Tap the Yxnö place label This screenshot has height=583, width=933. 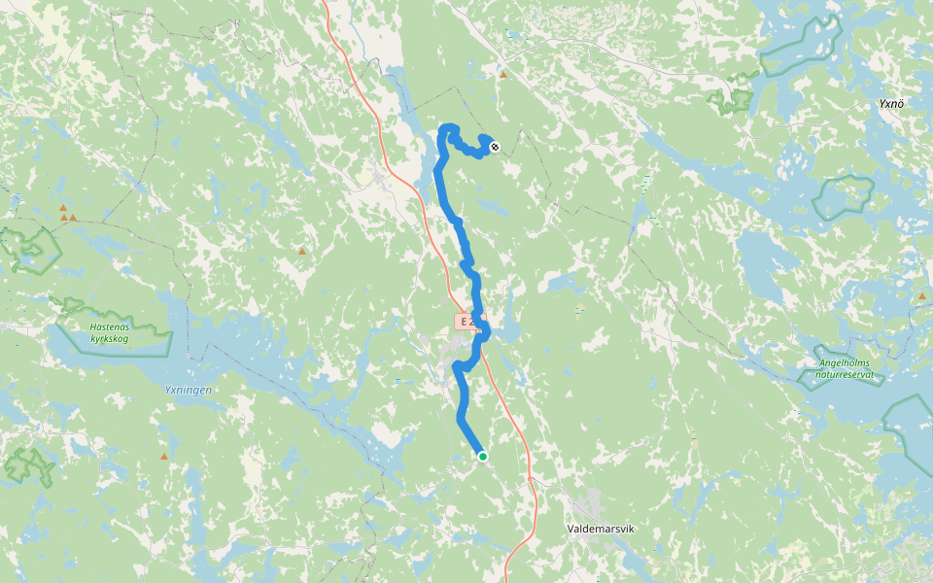pyautogui.click(x=891, y=103)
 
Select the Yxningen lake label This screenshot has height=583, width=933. pyautogui.click(x=188, y=390)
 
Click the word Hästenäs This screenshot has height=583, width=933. pyautogui.click(x=109, y=326)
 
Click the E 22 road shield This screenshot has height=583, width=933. pyautogui.click(x=466, y=321)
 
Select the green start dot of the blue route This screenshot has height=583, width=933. pyautogui.click(x=482, y=456)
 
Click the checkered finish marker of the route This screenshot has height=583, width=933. pyautogui.click(x=495, y=147)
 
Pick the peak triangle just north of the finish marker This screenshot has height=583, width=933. pyautogui.click(x=502, y=74)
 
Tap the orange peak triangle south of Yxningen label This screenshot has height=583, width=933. pyautogui.click(x=163, y=456)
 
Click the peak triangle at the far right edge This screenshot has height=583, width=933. pyautogui.click(x=921, y=295)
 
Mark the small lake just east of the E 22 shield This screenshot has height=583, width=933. pyautogui.click(x=507, y=330)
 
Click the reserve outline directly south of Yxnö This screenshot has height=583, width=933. pyautogui.click(x=842, y=197)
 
